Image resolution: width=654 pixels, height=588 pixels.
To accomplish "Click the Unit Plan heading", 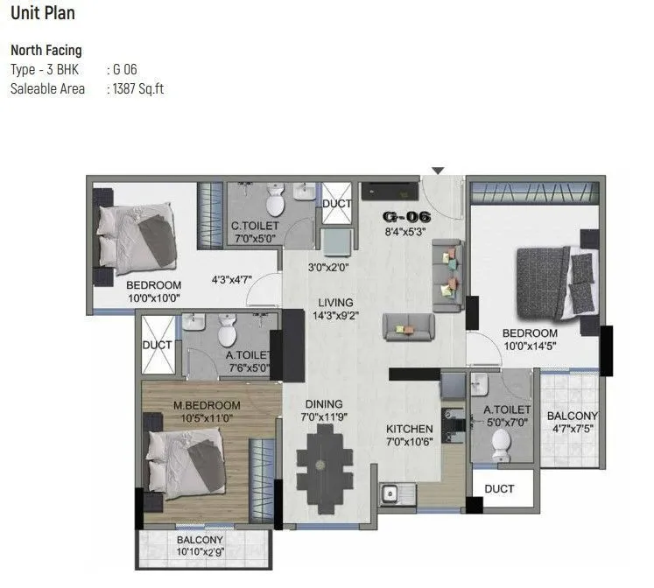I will coord(43,13).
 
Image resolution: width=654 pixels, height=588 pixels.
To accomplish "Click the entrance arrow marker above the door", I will coord(438,171).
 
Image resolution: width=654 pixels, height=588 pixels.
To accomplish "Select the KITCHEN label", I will coord(410,429).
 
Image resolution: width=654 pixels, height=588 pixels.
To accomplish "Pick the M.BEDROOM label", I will coord(206,406).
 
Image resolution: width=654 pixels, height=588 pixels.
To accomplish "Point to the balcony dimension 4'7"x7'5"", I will coord(573,429).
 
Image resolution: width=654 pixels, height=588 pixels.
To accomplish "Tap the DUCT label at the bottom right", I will coord(499,488).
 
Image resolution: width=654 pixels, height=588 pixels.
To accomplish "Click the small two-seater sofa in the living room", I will coord(407,327).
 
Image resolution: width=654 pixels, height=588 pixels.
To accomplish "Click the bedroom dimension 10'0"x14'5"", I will coord(529,346).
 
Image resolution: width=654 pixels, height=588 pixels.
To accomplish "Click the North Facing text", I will coord(46,51).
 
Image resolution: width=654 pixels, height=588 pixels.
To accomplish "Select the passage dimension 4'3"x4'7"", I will coord(232,281).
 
